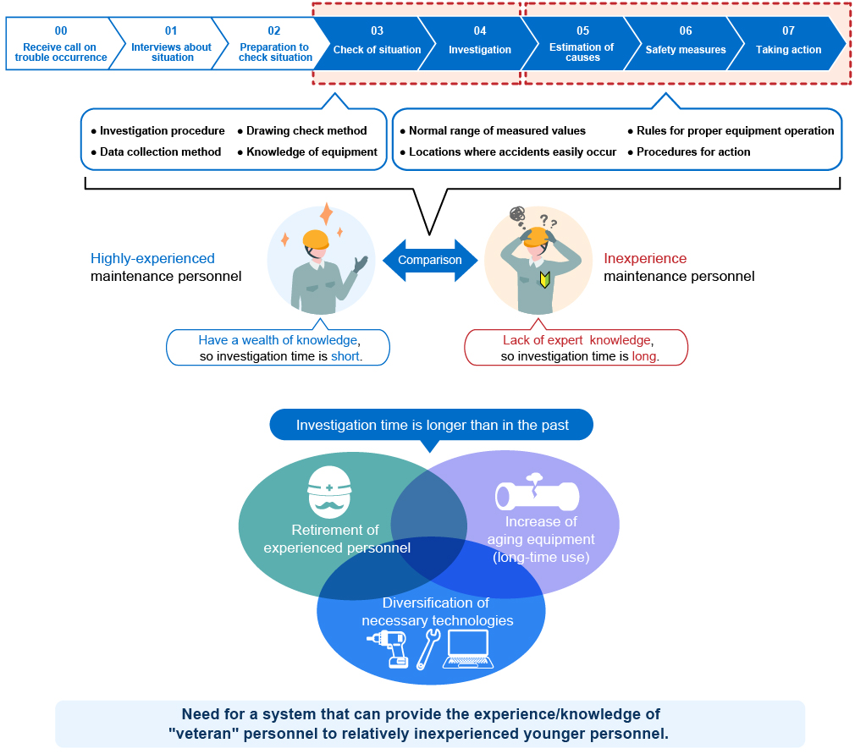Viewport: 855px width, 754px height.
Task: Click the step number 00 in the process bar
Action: pos(61,30)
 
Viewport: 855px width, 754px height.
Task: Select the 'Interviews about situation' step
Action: pos(171,52)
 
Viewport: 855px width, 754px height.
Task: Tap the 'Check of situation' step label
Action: pos(377,50)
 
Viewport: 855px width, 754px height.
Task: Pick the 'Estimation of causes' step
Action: pos(582,52)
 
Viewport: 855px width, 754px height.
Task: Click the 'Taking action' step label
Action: pos(788,50)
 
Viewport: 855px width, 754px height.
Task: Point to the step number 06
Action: pos(686,30)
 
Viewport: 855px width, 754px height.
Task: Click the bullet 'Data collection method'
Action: pos(156,151)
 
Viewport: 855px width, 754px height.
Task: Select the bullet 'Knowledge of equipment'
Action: pos(307,151)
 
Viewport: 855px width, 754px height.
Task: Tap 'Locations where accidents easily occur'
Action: pos(508,151)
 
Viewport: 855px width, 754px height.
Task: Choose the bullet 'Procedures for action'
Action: pos(689,151)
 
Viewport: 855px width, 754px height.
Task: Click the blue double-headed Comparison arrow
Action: pos(430,260)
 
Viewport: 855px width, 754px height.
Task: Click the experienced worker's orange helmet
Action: pos(316,239)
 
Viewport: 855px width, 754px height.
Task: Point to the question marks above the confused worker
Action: pos(549,221)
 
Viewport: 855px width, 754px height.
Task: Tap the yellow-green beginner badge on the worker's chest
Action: pos(544,279)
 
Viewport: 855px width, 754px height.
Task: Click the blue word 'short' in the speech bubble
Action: pos(345,356)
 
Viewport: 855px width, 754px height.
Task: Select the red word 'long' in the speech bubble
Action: pos(644,356)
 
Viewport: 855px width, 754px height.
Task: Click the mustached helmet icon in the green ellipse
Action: pos(329,492)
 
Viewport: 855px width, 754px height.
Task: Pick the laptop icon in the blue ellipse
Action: pos(468,649)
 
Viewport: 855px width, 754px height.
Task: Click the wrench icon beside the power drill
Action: pos(428,649)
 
